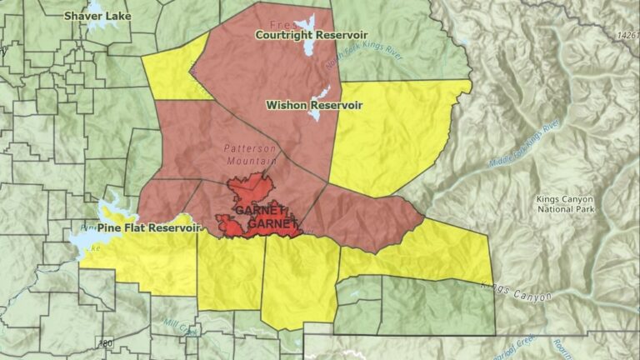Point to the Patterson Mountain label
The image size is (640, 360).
click(250, 154)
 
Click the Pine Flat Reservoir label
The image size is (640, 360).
click(149, 227)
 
